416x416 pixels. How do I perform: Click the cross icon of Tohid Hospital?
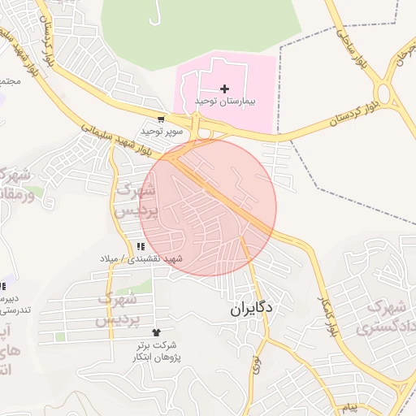[225, 88]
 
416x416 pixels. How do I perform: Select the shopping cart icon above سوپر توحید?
[162, 119]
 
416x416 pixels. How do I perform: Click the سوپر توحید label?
[158, 131]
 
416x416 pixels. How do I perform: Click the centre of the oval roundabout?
[390, 95]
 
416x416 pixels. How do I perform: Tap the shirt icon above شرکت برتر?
[157, 332]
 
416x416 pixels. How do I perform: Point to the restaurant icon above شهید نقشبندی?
[141, 246]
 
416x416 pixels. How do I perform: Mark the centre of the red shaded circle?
[210, 207]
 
